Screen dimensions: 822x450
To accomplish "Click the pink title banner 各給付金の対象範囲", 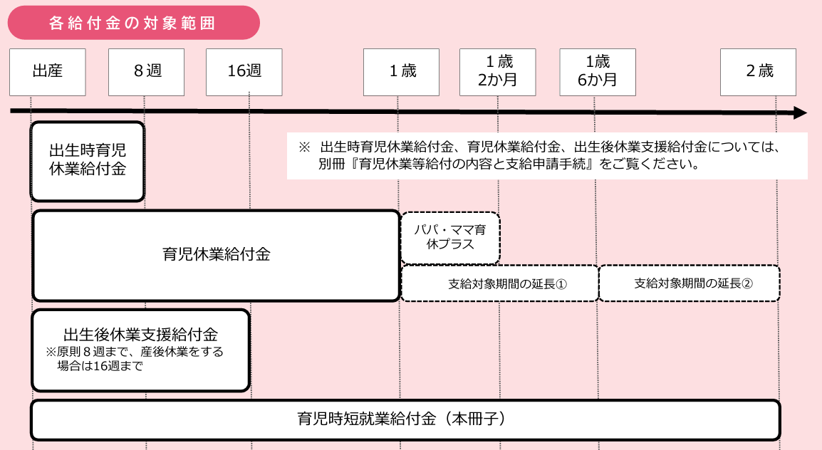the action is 134,23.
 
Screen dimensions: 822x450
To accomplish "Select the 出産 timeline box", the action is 47,73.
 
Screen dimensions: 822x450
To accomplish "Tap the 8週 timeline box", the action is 146,73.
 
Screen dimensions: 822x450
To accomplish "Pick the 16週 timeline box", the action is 244,73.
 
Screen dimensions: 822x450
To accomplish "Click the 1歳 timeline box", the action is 401,73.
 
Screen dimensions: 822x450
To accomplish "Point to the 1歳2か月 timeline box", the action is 497,73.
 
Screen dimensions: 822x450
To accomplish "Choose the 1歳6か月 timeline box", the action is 598,73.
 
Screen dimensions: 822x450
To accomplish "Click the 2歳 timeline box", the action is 758,73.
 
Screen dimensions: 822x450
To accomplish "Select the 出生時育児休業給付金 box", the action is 88,162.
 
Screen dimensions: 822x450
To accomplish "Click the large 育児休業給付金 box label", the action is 217,255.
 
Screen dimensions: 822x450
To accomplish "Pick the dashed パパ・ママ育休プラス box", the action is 450,238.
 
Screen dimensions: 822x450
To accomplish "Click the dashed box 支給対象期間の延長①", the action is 499,283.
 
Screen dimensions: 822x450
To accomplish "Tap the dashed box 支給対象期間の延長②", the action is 690,283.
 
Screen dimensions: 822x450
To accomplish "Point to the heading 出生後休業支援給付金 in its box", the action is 140,334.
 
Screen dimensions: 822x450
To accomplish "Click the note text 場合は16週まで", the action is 100,366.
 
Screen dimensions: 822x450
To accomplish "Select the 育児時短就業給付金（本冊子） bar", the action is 406,420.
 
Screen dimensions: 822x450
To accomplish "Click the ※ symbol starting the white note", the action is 305,147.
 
